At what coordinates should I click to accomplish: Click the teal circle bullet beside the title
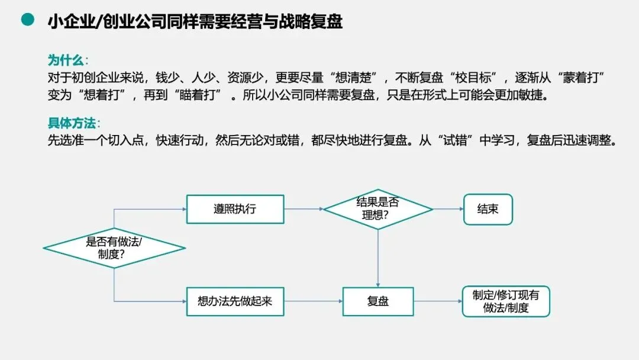tap(27, 20)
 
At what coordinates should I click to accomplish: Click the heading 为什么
tap(66, 60)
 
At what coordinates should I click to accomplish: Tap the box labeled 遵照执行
tap(235, 209)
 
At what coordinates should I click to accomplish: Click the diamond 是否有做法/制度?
tap(114, 248)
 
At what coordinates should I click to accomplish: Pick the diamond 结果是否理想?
tap(378, 209)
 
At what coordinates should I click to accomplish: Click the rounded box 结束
tap(488, 209)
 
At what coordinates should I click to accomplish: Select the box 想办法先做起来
tap(235, 301)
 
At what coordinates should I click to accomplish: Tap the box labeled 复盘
tap(378, 301)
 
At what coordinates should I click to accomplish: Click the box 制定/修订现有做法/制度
tap(505, 301)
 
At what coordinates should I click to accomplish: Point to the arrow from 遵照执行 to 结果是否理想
tap(304, 209)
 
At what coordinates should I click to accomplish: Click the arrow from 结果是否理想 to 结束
tap(448, 209)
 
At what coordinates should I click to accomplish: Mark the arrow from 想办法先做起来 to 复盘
tap(313, 301)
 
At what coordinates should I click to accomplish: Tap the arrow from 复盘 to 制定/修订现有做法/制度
tap(438, 301)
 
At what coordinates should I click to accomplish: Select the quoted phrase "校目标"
tap(477, 78)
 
